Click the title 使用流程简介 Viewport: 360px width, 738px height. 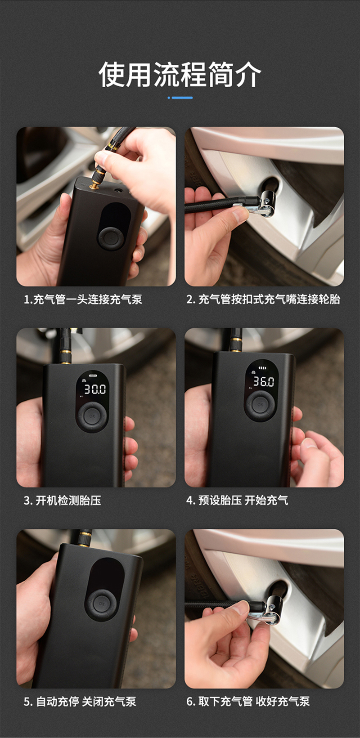pos(180,75)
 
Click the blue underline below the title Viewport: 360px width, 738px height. pos(180,98)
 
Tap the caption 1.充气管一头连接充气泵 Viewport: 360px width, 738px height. pos(83,300)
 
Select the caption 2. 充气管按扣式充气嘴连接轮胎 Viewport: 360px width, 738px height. pos(263,299)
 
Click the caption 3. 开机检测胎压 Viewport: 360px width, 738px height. pos(62,501)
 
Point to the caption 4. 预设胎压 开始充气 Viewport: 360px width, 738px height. pos(237,500)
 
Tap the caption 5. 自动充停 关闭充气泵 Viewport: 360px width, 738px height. pos(80,702)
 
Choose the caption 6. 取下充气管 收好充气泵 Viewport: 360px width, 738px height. pos(248,701)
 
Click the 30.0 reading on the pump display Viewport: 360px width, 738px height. pos(95,389)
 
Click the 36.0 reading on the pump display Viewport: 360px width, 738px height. pos(263,381)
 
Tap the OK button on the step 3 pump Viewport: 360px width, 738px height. pos(92,416)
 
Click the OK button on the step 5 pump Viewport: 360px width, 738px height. pos(102,604)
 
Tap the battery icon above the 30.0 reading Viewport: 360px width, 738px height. pos(94,376)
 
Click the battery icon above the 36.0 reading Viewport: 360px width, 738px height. pos(262,368)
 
